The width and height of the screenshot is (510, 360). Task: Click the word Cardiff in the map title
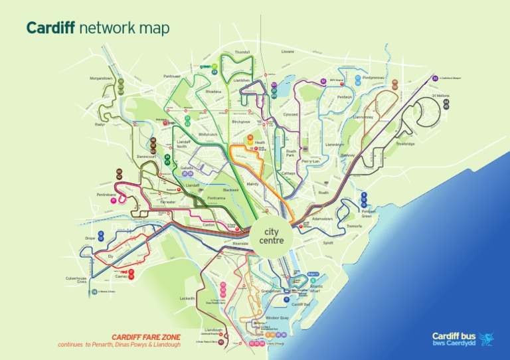(50, 28)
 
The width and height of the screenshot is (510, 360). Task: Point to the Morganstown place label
(102, 78)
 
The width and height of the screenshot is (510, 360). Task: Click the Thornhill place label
(242, 52)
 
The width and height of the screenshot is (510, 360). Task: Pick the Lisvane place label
(288, 51)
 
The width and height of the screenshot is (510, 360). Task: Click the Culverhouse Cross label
(76, 279)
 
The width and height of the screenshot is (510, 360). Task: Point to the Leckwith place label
(187, 298)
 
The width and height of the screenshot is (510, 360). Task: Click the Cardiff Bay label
(301, 304)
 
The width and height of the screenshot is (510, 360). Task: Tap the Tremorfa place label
(355, 226)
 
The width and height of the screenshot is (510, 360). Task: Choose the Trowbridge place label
(405, 143)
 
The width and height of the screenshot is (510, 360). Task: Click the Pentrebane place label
(106, 195)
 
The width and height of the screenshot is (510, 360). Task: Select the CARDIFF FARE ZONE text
(145, 337)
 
